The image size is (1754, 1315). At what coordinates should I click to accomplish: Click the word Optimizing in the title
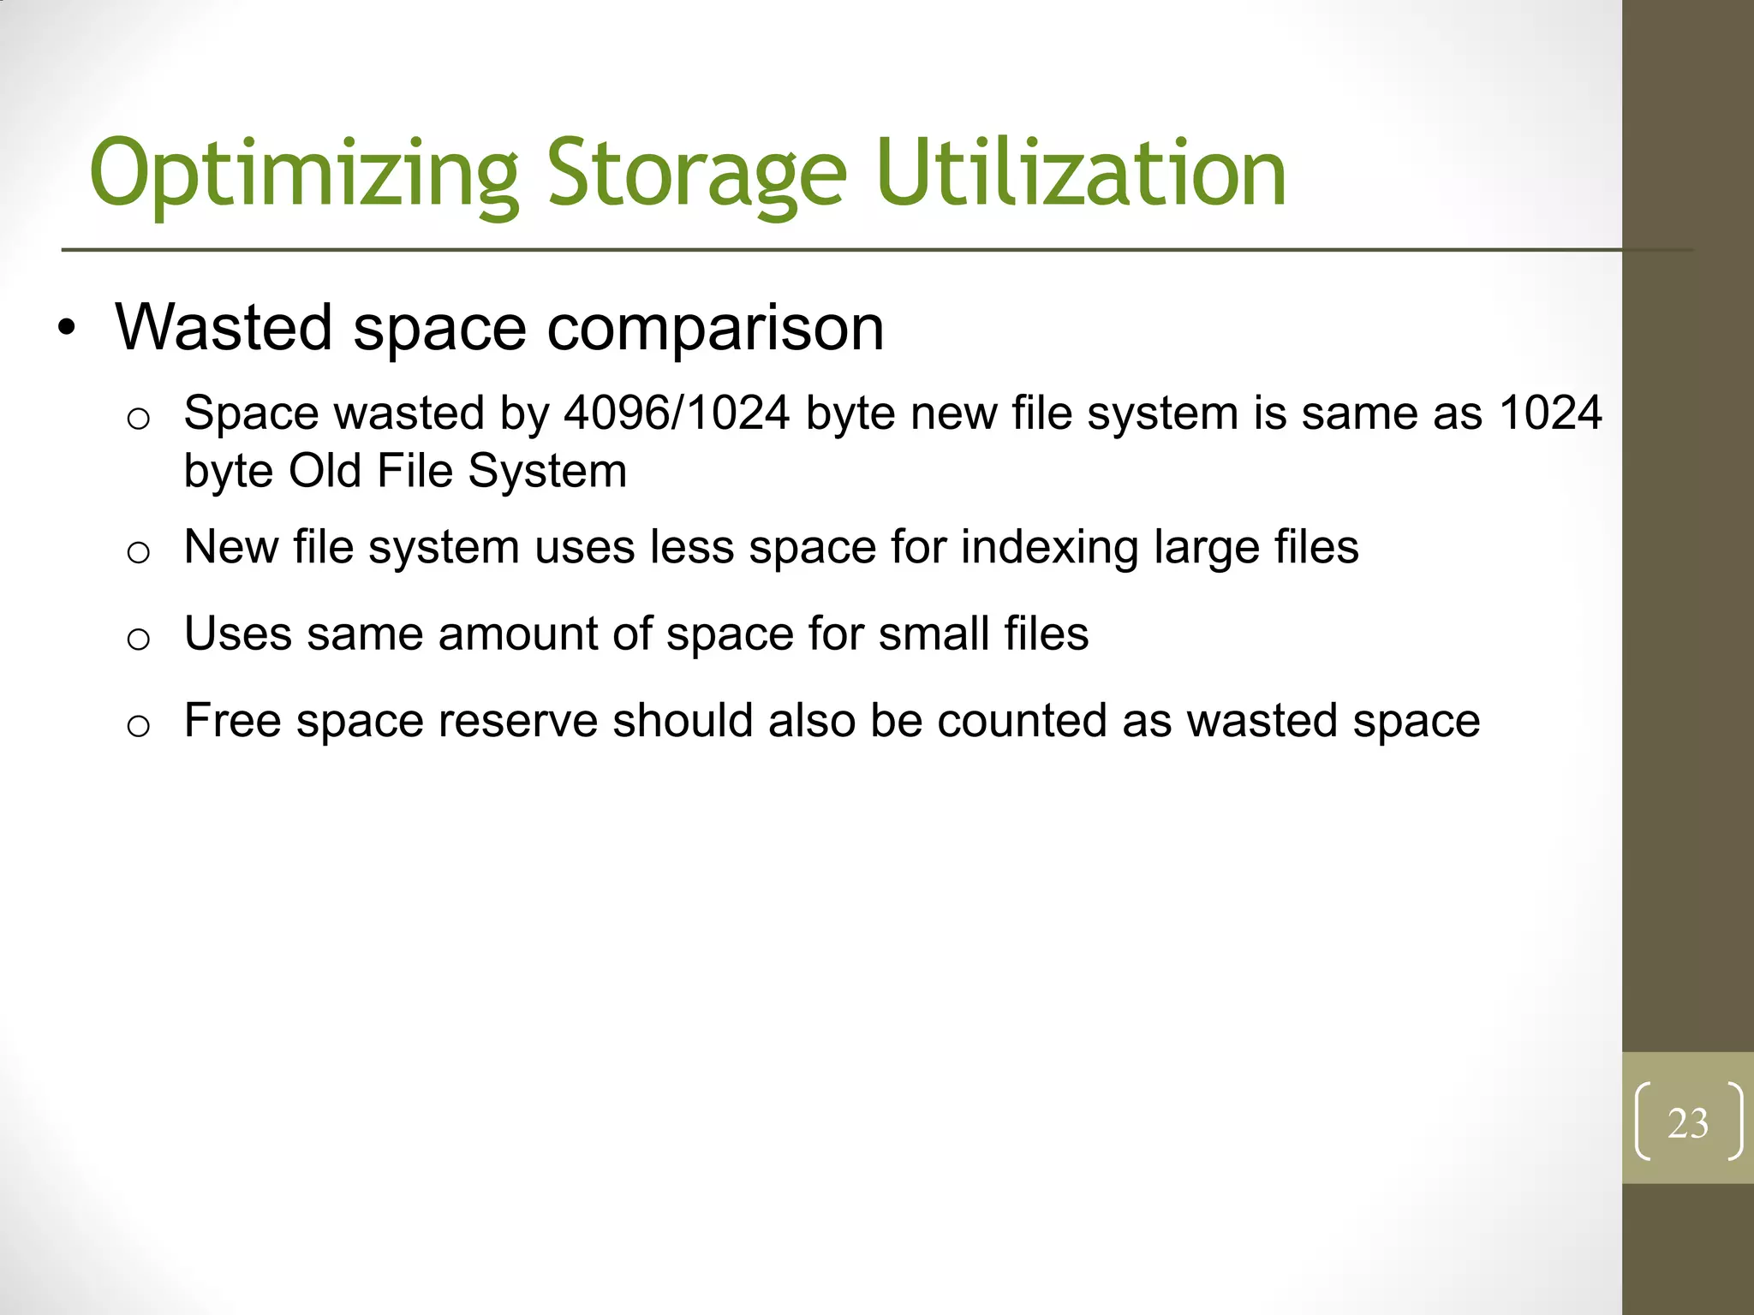304,174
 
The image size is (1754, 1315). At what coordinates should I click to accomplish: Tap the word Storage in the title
696,174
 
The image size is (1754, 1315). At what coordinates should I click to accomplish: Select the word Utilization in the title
1081,174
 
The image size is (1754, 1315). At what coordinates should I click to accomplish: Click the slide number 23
1687,1123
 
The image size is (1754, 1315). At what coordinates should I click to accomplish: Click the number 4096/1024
677,414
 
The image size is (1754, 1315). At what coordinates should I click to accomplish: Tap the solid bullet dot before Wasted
67,329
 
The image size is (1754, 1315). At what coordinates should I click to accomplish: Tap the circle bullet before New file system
138,552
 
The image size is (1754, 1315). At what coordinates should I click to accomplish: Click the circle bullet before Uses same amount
138,639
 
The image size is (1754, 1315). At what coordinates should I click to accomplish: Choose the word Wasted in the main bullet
224,328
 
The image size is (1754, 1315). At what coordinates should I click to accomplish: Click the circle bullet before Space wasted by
138,419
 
